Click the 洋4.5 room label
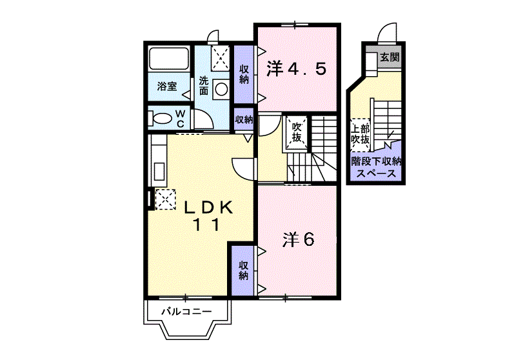coord(296,69)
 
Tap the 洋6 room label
coord(298,239)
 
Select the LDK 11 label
coord(208,216)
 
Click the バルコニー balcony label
coord(187,312)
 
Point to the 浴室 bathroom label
coord(167,86)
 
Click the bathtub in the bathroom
coord(168,59)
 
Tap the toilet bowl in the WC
coord(162,119)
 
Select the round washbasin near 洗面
coord(221,90)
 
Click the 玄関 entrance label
coord(390,57)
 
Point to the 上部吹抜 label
coord(361,134)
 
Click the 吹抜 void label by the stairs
coord(297,132)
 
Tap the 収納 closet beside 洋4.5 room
coord(244,74)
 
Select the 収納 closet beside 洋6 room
coord(243,270)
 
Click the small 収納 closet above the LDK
coord(243,119)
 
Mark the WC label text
coord(180,119)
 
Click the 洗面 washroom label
coord(204,86)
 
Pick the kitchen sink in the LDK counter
coord(159,171)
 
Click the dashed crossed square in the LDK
coord(165,199)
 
